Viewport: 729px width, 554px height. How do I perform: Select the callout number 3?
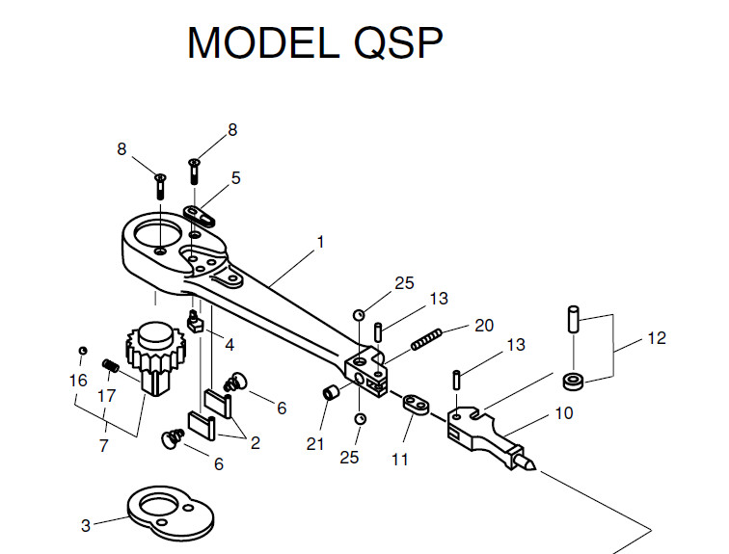[x=86, y=526]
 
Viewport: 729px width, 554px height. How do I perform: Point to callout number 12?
[x=657, y=339]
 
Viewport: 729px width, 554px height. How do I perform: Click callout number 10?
[x=563, y=413]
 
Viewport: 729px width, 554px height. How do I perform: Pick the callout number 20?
[x=484, y=325]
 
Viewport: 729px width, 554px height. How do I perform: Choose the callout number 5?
[x=235, y=178]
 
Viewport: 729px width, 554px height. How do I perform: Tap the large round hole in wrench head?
[x=154, y=234]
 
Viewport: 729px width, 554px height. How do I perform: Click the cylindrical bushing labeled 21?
[x=331, y=393]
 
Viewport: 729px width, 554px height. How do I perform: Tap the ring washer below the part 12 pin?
[x=575, y=381]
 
